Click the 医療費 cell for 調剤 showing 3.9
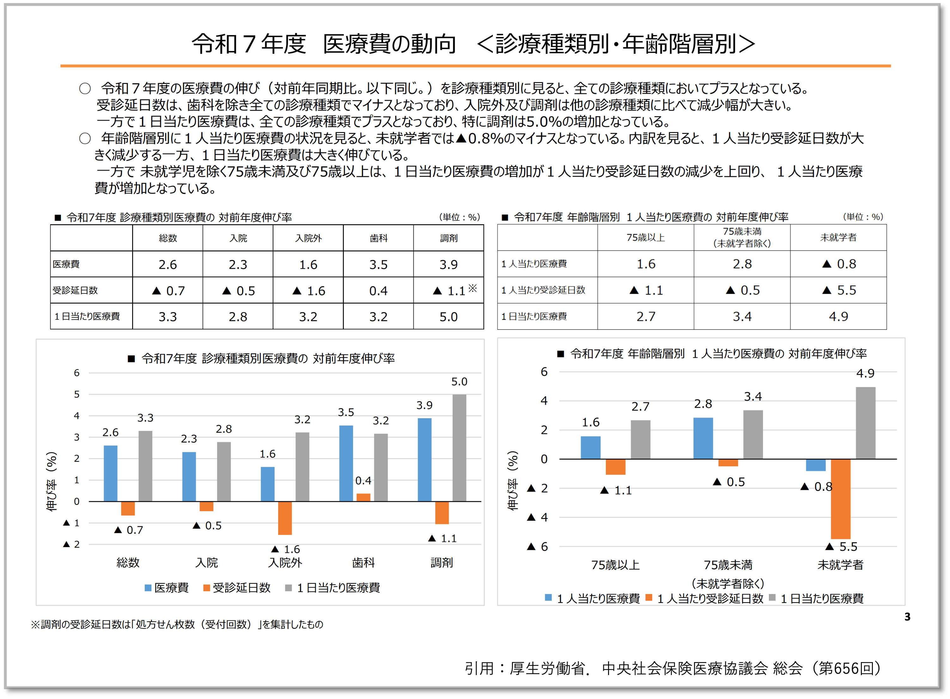point(448,264)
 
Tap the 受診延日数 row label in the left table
point(75,290)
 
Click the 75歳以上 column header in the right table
point(646,238)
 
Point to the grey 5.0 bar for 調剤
point(459,448)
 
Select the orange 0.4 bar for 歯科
point(363,497)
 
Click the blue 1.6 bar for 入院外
point(268,484)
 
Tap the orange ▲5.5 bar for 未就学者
point(840,499)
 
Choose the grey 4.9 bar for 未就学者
point(865,423)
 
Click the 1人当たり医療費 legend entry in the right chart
point(592,598)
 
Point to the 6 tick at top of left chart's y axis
point(76,373)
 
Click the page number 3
point(907,617)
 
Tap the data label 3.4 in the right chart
point(753,396)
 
